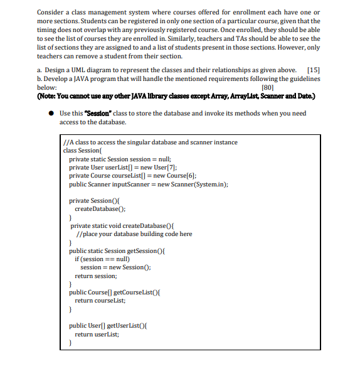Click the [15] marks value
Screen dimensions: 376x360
point(313,70)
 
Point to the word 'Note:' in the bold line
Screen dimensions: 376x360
point(49,95)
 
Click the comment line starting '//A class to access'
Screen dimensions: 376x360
point(151,142)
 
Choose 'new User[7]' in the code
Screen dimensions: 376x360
point(154,167)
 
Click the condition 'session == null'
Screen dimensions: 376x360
point(105,259)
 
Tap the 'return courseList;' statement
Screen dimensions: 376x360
point(100,300)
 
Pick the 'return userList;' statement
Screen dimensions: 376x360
point(97,334)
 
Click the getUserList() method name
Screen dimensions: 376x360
point(127,325)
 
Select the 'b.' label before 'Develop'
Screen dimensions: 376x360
point(40,78)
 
